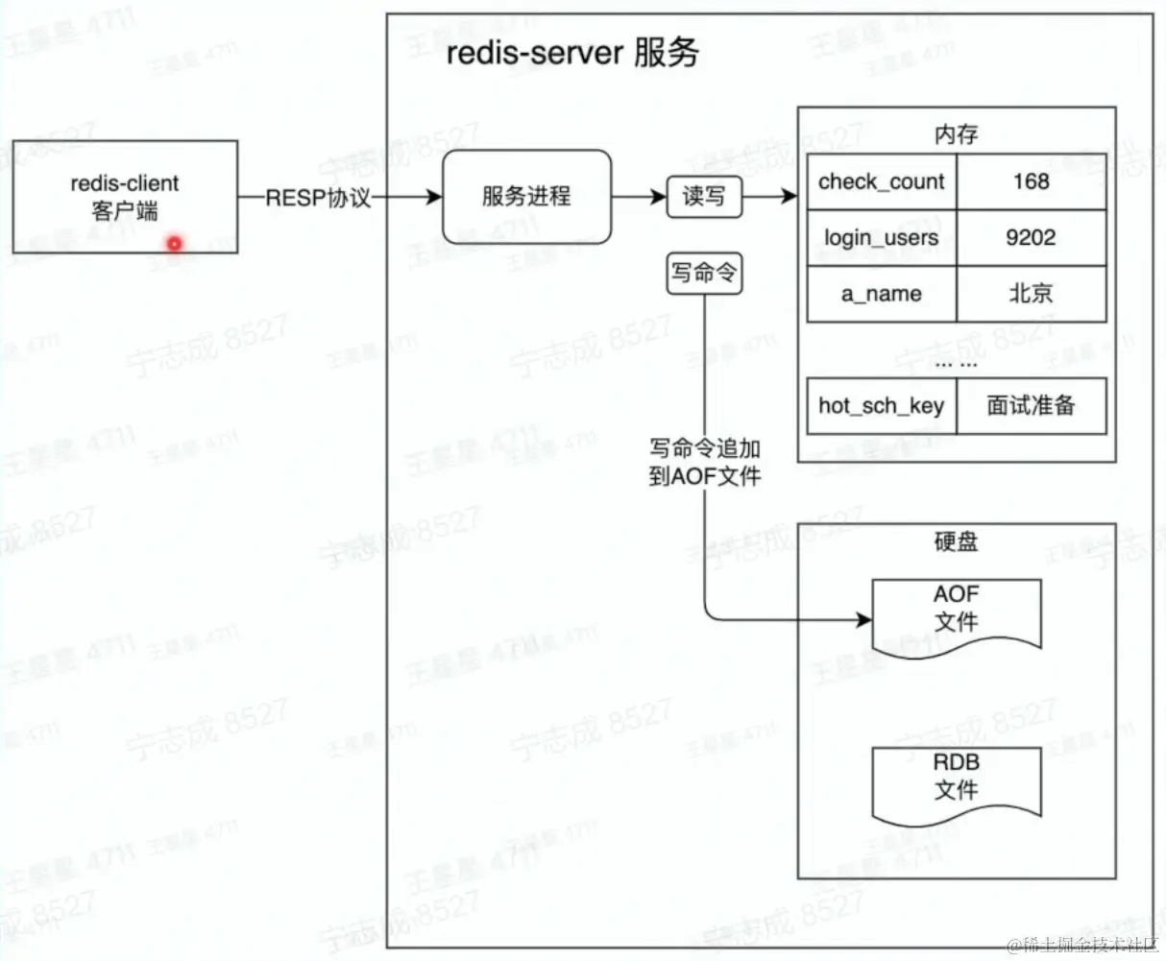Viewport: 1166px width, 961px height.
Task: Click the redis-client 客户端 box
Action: pos(125,197)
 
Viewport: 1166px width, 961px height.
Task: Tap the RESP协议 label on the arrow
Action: pos(318,198)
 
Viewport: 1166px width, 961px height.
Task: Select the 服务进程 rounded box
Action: pos(526,197)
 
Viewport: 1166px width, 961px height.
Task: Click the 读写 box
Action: pos(704,197)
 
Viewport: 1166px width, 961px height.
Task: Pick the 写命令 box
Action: pos(704,274)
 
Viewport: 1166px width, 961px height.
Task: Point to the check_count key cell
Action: pos(881,181)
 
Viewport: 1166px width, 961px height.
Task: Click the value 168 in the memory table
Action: pos(1031,181)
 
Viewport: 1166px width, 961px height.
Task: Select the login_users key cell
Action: pos(881,237)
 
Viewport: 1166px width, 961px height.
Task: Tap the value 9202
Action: pos(1031,237)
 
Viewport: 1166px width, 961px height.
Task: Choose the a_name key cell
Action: pos(881,294)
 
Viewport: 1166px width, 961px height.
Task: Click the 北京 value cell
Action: pos(1031,294)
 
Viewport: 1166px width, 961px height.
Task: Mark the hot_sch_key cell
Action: pos(881,405)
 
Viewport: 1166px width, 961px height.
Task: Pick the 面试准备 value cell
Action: pos(1031,405)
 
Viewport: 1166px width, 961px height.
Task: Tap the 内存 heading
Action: pos(956,134)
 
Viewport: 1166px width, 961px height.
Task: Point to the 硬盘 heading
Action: pos(956,541)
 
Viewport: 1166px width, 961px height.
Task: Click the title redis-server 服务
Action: pos(572,53)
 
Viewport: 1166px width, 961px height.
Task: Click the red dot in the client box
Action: pos(174,244)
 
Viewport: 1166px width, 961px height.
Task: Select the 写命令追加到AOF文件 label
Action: pos(705,462)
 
